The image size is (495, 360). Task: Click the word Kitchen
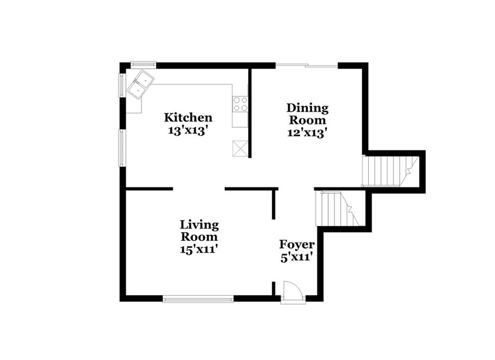pyautogui.click(x=188, y=118)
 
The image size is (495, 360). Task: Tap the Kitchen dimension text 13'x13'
pyautogui.click(x=188, y=131)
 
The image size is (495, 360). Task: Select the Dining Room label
pyautogui.click(x=307, y=114)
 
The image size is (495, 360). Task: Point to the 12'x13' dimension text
pyautogui.click(x=306, y=133)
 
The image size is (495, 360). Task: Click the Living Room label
pyautogui.click(x=199, y=231)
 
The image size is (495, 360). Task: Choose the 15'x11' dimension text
pyautogui.click(x=200, y=249)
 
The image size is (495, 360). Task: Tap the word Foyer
pyautogui.click(x=297, y=245)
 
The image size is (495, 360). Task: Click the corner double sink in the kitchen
pyautogui.click(x=140, y=84)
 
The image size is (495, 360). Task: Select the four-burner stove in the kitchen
pyautogui.click(x=240, y=104)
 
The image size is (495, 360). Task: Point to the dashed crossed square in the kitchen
pyautogui.click(x=240, y=148)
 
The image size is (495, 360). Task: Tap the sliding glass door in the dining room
pyautogui.click(x=307, y=65)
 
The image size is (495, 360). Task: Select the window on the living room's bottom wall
pyautogui.click(x=198, y=299)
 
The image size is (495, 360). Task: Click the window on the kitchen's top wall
pyautogui.click(x=143, y=64)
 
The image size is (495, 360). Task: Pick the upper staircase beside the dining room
pyautogui.click(x=390, y=171)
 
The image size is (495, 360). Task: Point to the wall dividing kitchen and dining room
pyautogui.click(x=249, y=113)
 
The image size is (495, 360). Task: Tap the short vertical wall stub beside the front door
pyautogui.click(x=274, y=288)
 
